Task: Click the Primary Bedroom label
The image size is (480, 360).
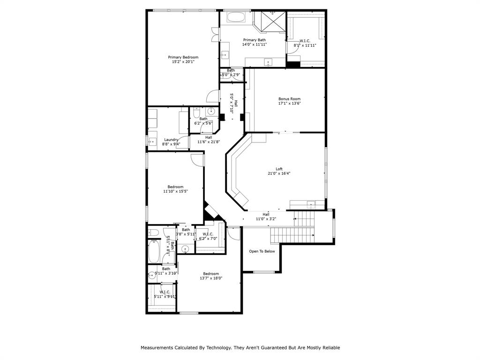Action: pyautogui.click(x=183, y=57)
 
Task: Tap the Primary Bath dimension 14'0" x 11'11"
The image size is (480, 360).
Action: pyautogui.click(x=254, y=45)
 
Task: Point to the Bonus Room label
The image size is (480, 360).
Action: pyautogui.click(x=289, y=99)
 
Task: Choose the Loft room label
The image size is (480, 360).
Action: pyautogui.click(x=279, y=169)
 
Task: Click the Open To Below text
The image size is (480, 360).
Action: pyautogui.click(x=262, y=251)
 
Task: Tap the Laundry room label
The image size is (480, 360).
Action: pyautogui.click(x=171, y=139)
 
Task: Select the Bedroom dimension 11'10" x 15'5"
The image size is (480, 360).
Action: pyautogui.click(x=175, y=191)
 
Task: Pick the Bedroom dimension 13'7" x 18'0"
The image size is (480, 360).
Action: pyautogui.click(x=210, y=278)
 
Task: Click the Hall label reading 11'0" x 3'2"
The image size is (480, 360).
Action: pyautogui.click(x=266, y=219)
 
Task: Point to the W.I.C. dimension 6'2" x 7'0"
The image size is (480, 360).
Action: pyautogui.click(x=208, y=239)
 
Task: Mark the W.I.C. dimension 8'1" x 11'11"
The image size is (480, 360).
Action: pyautogui.click(x=305, y=45)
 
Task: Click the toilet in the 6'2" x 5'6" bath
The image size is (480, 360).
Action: pyautogui.click(x=196, y=112)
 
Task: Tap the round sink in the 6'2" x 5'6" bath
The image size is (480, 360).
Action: pyautogui.click(x=211, y=112)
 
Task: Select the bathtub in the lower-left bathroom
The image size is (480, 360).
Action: pyautogui.click(x=154, y=253)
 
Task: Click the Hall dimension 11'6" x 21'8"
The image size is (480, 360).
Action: pyautogui.click(x=209, y=142)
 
